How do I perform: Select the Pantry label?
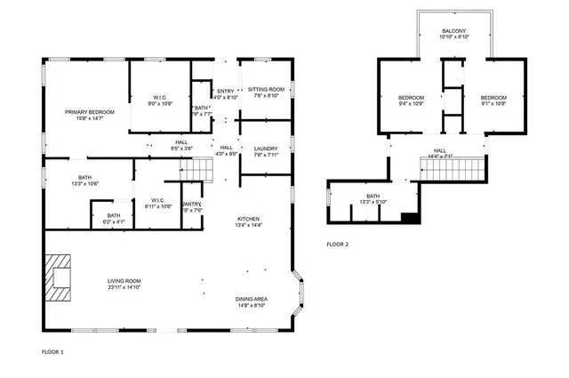pos(192,206)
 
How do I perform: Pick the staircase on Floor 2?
pos(453,165)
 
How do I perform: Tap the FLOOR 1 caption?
pos(52,352)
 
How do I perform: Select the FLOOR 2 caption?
pos(337,244)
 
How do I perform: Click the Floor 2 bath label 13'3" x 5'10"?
pos(373,199)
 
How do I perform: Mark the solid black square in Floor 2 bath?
pos(409,217)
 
